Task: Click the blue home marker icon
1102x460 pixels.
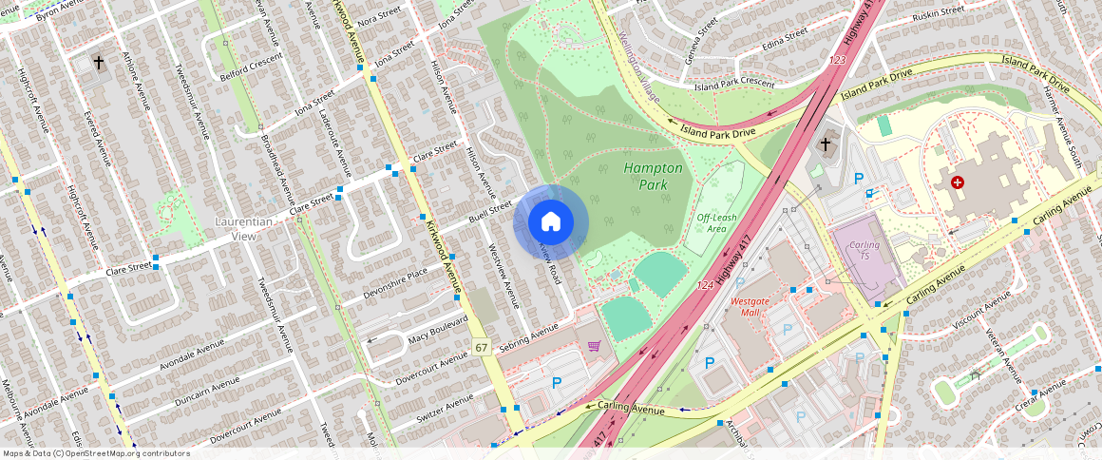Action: tap(551, 221)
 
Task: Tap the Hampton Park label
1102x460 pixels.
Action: tap(653, 175)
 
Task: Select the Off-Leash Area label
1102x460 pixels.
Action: tap(717, 222)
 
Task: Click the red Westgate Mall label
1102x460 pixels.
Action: tap(750, 307)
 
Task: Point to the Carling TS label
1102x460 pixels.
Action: tap(864, 251)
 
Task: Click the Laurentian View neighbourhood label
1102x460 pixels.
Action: tap(243, 228)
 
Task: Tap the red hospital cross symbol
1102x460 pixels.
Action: tap(957, 182)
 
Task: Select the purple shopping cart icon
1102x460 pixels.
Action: tap(594, 347)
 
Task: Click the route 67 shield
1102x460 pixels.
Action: tap(482, 348)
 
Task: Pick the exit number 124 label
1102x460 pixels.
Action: tap(704, 285)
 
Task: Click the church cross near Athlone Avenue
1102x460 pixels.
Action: tap(98, 63)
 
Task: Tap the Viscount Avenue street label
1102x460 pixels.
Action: tap(986, 313)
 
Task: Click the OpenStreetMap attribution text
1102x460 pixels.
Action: tap(96, 453)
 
